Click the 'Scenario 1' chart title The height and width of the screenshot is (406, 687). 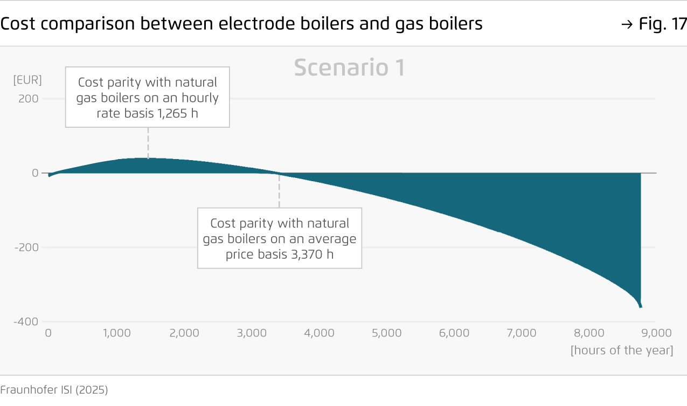click(349, 68)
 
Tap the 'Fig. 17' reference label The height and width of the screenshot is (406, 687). click(662, 24)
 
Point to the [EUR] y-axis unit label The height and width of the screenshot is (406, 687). click(27, 80)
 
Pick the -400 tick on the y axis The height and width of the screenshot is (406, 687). click(26, 322)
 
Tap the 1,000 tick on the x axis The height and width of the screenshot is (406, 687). click(117, 333)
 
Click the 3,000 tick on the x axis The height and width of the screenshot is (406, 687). click(252, 333)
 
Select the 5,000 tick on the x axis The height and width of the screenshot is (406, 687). click(387, 333)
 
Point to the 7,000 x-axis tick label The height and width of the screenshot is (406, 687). click(522, 333)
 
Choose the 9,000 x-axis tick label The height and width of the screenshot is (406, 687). click(656, 333)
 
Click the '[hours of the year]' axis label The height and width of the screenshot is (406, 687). click(622, 350)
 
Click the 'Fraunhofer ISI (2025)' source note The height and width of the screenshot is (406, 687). click(54, 390)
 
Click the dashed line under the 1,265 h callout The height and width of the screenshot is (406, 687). click(148, 142)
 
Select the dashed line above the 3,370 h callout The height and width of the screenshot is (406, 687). click(279, 191)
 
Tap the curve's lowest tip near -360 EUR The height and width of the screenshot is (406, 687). click(640, 307)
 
